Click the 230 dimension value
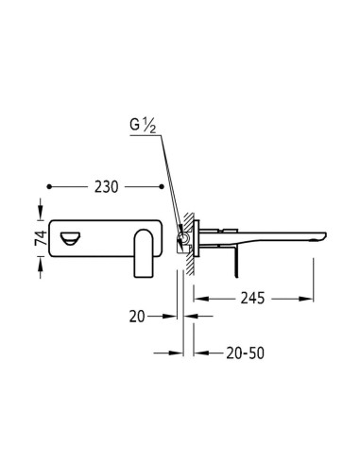coord(106,187)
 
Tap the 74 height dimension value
coord(41,238)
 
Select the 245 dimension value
coord(252,298)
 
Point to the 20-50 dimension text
coord(245,353)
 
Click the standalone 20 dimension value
coord(137,317)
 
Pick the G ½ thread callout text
coord(143,126)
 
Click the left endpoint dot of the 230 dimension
coord(49,186)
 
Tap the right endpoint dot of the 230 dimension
coord(162,186)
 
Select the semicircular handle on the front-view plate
coord(71,238)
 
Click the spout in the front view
coord(144,253)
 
